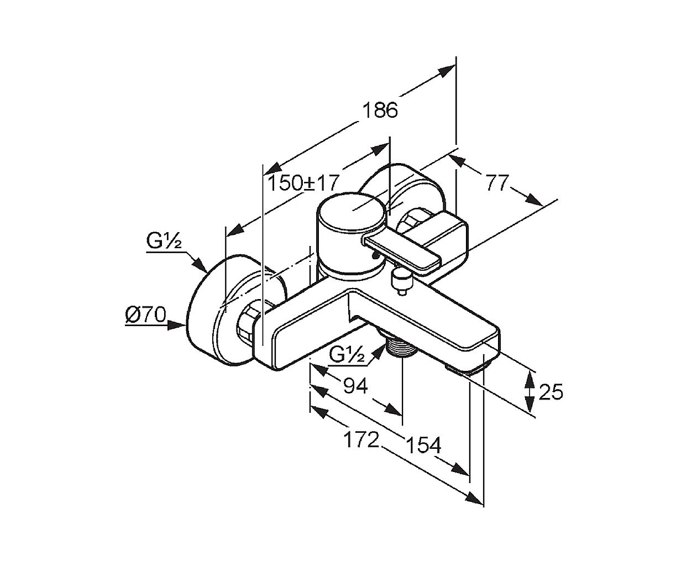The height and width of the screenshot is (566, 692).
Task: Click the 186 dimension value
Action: pyautogui.click(x=380, y=110)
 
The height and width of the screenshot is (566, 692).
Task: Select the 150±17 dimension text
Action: pyautogui.click(x=303, y=183)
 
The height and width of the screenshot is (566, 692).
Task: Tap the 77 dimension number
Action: pyautogui.click(x=497, y=182)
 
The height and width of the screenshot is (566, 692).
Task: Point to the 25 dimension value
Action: pyautogui.click(x=551, y=391)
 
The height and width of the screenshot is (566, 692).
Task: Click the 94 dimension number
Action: pyautogui.click(x=355, y=386)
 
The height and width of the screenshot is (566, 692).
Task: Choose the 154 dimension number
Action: pyautogui.click(x=423, y=446)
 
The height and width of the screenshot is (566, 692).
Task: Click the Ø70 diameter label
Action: pyautogui.click(x=146, y=315)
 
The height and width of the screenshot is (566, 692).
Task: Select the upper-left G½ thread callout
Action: pyautogui.click(x=164, y=241)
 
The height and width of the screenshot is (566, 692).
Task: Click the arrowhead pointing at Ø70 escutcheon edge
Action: pyautogui.click(x=177, y=326)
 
